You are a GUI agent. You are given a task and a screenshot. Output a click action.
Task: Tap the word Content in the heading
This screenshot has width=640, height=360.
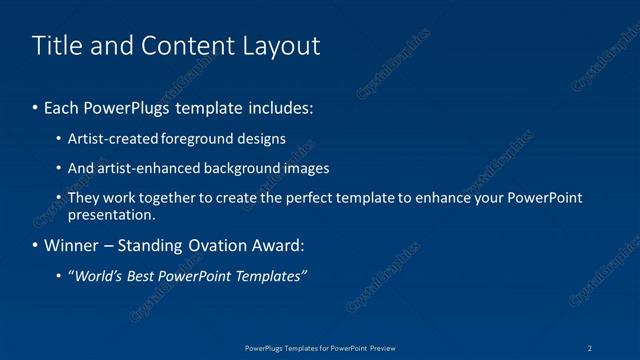pyautogui.click(x=184, y=45)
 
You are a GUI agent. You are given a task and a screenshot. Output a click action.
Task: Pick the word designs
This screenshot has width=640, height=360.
pyautogui.click(x=262, y=138)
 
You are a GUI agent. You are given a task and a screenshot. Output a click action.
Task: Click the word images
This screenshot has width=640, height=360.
pyautogui.click(x=307, y=168)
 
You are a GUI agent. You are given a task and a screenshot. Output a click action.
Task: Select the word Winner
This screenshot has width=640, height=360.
pyautogui.click(x=73, y=245)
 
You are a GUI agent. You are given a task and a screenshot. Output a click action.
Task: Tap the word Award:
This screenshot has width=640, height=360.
pyautogui.click(x=276, y=245)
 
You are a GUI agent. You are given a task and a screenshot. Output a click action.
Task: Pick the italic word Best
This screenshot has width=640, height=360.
pyautogui.click(x=142, y=276)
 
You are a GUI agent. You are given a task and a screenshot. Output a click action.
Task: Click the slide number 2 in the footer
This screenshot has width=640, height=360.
pyautogui.click(x=591, y=347)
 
